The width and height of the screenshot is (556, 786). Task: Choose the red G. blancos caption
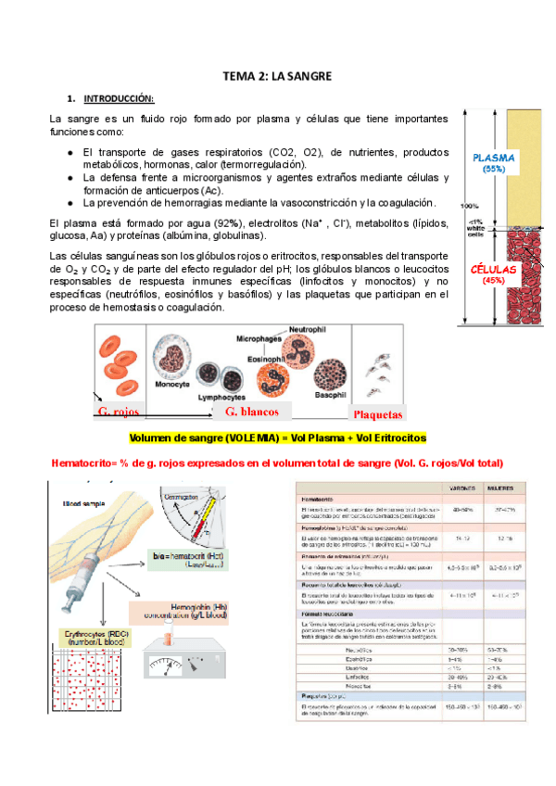click(x=252, y=412)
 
